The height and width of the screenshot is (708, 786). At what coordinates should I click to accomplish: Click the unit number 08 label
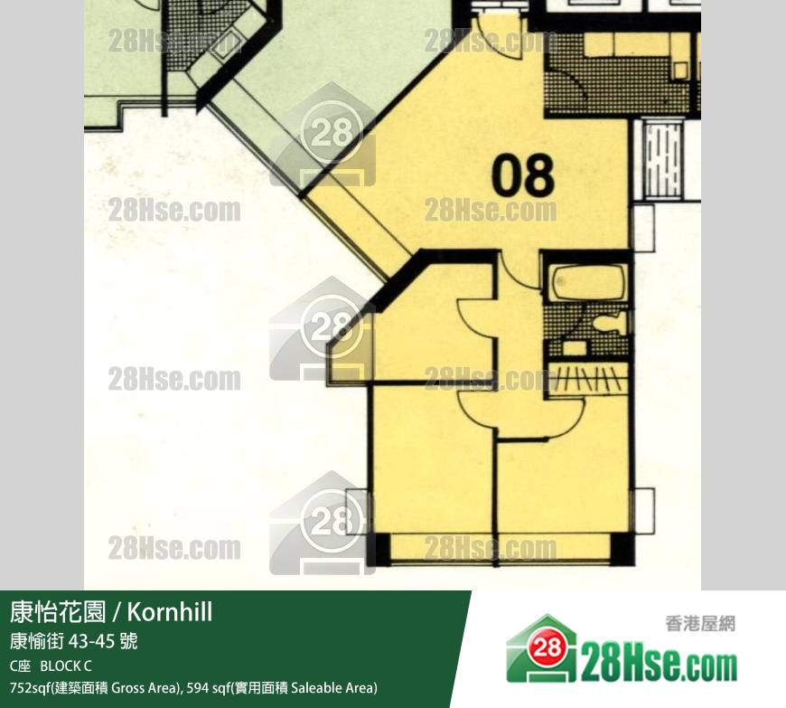(523, 175)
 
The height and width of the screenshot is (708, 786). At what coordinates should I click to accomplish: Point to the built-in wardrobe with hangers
(587, 378)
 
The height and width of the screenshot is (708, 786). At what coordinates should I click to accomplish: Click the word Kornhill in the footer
(170, 611)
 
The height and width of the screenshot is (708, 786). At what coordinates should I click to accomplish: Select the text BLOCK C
(66, 666)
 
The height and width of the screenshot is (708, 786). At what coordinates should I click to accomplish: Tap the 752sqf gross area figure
(29, 687)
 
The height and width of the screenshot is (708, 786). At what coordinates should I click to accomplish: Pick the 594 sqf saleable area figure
(207, 687)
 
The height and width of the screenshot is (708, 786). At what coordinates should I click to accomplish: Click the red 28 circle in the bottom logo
(547, 647)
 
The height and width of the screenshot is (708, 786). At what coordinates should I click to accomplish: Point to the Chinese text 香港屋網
(700, 624)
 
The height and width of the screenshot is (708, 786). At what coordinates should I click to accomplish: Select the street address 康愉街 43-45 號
(73, 641)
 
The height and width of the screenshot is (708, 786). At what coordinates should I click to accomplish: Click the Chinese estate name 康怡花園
(58, 611)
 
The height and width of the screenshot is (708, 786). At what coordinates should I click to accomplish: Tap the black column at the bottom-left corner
(379, 549)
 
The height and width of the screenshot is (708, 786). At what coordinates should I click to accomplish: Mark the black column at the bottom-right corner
(621, 549)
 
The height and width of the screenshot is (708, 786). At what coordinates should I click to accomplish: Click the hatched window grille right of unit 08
(660, 158)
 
